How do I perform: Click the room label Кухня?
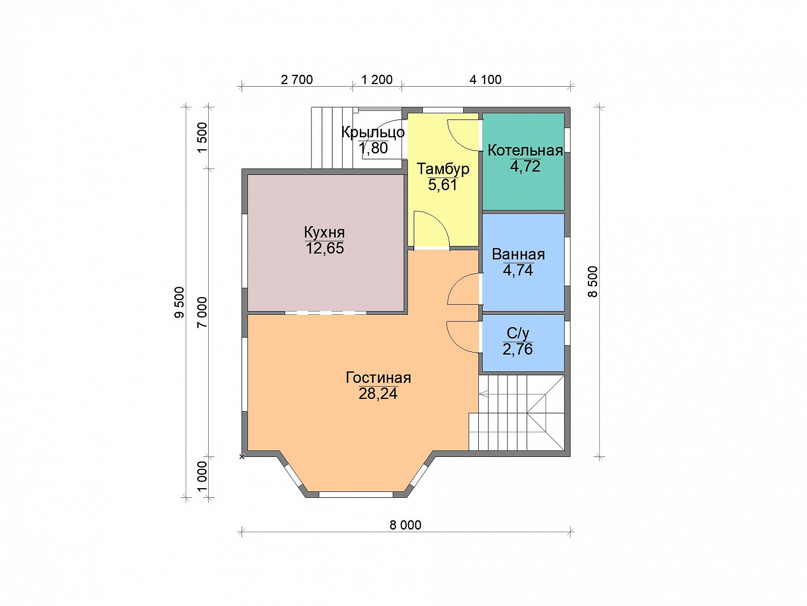[324, 232]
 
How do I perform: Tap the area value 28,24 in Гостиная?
[378, 394]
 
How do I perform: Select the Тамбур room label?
[443, 169]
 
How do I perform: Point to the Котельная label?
[526, 150]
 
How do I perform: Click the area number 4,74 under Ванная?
[518, 270]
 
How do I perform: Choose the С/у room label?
[518, 333]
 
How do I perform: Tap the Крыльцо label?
[373, 132]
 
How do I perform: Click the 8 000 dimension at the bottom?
[406, 525]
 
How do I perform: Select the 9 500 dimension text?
[179, 302]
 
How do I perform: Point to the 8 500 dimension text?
[593, 281]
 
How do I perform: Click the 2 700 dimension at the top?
[296, 80]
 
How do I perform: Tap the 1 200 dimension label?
[377, 80]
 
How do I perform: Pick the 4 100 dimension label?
[485, 80]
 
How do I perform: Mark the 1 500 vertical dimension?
[203, 138]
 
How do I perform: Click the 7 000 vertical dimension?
[203, 313]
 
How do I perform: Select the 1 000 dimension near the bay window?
[203, 476]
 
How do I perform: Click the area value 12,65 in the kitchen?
[324, 248]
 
